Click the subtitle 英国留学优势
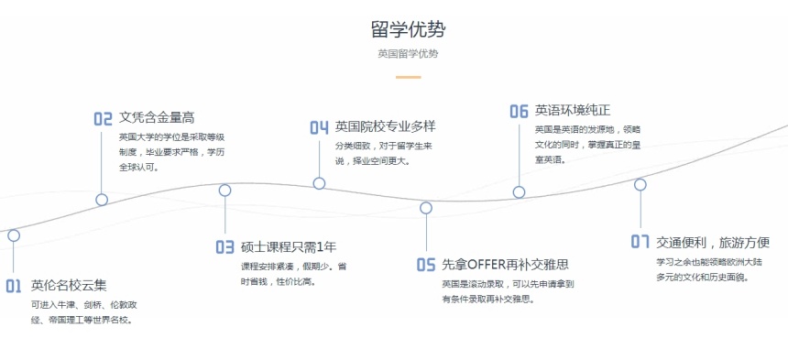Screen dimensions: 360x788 pyautogui.click(x=408, y=53)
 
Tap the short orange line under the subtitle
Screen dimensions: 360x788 pyautogui.click(x=408, y=77)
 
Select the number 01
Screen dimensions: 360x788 pyautogui.click(x=13, y=286)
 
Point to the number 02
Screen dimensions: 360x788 pyautogui.click(x=103, y=118)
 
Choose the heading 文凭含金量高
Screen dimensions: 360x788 pyautogui.click(x=157, y=117)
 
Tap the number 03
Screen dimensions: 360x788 pyautogui.click(x=224, y=247)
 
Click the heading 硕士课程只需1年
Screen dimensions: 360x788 pyautogui.click(x=289, y=246)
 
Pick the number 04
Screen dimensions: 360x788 pyautogui.click(x=319, y=127)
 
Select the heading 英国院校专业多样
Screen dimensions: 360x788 pyautogui.click(x=384, y=126)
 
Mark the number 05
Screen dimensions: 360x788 pyautogui.click(x=426, y=265)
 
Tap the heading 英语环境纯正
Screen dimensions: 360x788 pyautogui.click(x=573, y=110)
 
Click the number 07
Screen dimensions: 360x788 pyautogui.click(x=640, y=242)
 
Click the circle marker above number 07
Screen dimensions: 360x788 pyautogui.click(x=640, y=184)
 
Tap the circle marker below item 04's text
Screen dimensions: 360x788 pyautogui.click(x=319, y=183)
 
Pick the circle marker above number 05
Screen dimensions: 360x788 pyautogui.click(x=426, y=208)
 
